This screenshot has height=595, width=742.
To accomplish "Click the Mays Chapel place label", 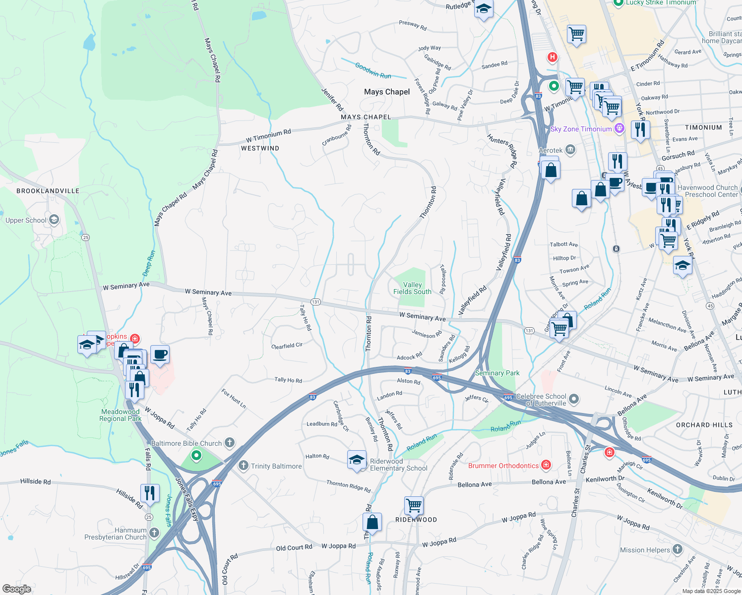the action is click(x=387, y=92).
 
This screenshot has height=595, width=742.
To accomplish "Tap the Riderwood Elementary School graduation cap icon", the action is click(x=357, y=460).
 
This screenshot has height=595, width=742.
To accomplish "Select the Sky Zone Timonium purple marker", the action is click(x=619, y=129).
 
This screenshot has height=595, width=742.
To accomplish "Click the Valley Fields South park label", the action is click(x=412, y=288).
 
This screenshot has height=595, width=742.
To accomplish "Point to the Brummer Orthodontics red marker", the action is click(x=546, y=465).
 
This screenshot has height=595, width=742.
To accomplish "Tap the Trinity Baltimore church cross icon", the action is click(x=243, y=466).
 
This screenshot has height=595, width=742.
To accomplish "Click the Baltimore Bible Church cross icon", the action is click(x=229, y=442).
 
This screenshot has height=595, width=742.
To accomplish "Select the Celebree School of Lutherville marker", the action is click(x=574, y=399).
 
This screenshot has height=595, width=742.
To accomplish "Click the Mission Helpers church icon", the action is click(x=678, y=549).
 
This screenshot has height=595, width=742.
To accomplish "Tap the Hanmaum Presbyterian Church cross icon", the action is click(x=154, y=533).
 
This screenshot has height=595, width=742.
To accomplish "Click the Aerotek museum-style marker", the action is click(x=570, y=150).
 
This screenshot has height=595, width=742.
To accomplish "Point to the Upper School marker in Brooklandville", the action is click(x=54, y=220).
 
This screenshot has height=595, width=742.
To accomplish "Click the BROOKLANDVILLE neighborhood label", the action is click(x=48, y=191).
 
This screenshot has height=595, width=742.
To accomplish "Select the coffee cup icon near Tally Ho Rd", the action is click(x=160, y=355).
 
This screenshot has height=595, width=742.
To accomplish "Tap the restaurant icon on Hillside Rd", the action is click(x=149, y=493).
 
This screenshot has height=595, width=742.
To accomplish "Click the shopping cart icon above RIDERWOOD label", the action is click(x=414, y=506).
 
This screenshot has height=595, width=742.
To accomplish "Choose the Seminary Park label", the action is click(x=497, y=373).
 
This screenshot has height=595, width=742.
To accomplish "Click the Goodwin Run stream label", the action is click(x=373, y=71).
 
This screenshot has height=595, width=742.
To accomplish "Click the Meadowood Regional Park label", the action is click(x=120, y=415).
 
